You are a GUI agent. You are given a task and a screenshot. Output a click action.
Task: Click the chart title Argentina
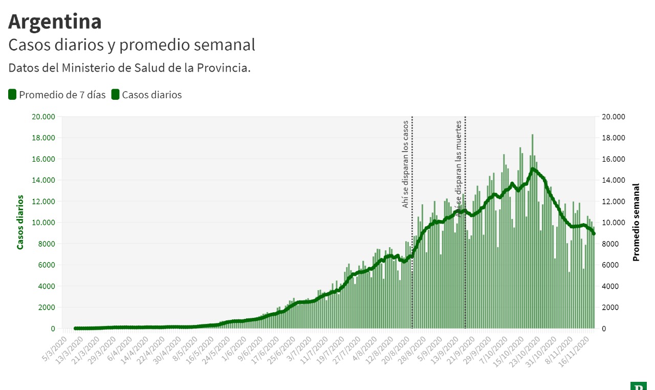click(x=55, y=21)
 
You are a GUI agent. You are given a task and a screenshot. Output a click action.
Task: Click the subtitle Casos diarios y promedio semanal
click(x=132, y=45)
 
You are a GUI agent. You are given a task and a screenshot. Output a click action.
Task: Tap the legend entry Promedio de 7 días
click(x=57, y=95)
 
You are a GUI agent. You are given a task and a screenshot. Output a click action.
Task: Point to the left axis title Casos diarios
click(x=20, y=222)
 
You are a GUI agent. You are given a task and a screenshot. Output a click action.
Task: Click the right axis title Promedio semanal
click(x=636, y=222)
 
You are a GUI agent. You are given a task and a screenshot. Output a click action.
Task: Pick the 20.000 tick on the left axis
click(x=43, y=117)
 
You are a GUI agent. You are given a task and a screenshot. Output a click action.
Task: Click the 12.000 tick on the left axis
click(x=43, y=201)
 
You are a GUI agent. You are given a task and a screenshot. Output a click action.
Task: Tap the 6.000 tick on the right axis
click(x=611, y=265)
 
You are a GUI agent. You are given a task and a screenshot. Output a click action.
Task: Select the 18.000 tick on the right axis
click(x=613, y=138)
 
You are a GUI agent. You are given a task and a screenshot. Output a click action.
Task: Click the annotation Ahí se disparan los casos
click(x=405, y=164)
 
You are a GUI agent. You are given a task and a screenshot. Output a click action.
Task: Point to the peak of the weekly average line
click(x=533, y=169)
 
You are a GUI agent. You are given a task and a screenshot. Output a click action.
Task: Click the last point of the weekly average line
click(x=594, y=234)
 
